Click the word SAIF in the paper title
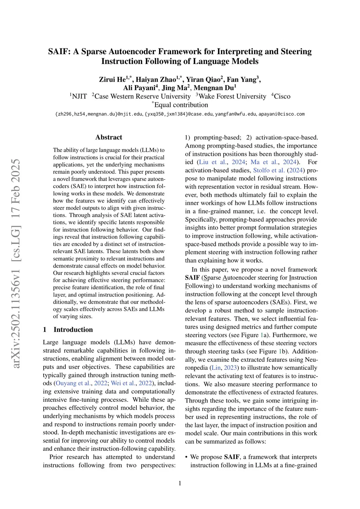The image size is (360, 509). (59, 52)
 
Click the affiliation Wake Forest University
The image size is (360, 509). (232, 96)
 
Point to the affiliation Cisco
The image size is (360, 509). (282, 96)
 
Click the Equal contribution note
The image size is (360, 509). (181, 105)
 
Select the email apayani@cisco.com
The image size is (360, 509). (282, 114)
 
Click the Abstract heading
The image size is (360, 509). (109, 137)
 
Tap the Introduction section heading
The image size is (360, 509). (73, 330)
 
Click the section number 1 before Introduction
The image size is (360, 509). (45, 330)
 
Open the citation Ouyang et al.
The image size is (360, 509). (73, 384)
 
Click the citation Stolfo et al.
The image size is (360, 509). (269, 170)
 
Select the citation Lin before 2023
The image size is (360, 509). (216, 368)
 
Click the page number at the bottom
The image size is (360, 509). (180, 483)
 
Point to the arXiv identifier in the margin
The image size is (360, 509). (16, 264)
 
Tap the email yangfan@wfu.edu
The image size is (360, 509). (235, 114)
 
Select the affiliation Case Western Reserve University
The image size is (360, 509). (142, 96)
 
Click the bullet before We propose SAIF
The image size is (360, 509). (187, 457)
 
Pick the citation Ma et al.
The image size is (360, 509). (265, 162)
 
